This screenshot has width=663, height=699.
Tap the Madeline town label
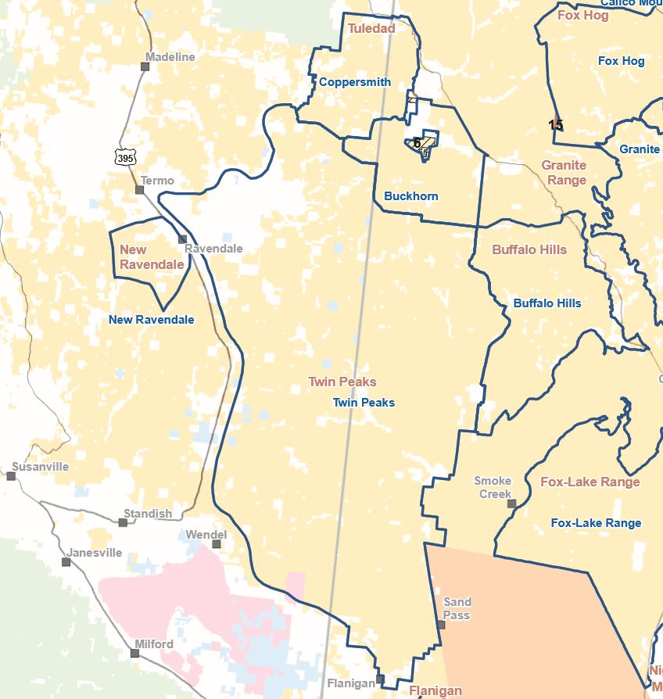coord(170,57)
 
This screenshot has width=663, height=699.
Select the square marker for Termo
coord(140,190)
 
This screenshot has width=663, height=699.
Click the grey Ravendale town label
coord(213,249)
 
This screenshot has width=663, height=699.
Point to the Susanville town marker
coord(11,476)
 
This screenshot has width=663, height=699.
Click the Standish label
coord(148,514)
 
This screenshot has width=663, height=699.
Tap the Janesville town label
coord(95,552)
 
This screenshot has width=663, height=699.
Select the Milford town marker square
coord(135,652)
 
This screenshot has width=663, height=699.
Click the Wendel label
coord(206,535)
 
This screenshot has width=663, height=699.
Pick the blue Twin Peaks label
coord(364,403)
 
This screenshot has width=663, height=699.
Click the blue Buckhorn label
coord(411,196)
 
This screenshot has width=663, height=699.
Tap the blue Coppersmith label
coord(355,82)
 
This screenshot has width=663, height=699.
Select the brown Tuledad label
coord(371,28)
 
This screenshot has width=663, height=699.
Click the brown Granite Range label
coord(564,173)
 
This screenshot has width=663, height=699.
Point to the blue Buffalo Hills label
coord(547,303)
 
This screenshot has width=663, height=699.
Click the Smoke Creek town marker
coord(512,504)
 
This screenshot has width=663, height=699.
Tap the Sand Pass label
coord(457,608)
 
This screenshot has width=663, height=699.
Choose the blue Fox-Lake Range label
coord(596,523)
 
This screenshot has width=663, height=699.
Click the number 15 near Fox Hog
coord(555,125)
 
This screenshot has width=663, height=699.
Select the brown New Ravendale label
coord(152,257)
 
